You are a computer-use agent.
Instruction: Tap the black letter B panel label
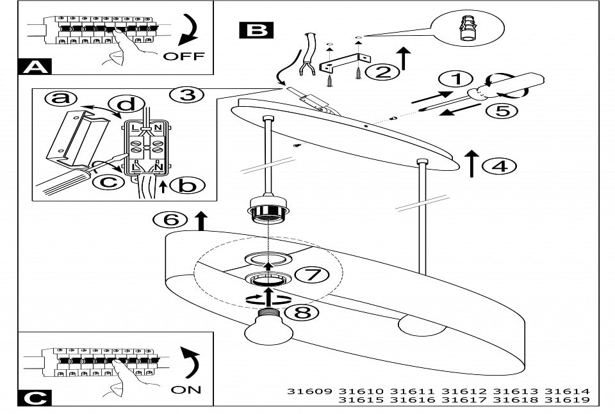[256, 29]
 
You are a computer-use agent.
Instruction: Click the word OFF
[184, 56]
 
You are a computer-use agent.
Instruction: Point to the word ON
[186, 389]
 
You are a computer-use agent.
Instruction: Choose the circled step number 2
[382, 72]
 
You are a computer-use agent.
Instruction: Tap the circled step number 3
[186, 95]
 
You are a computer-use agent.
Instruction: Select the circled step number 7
[311, 275]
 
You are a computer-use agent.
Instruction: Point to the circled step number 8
[301, 313]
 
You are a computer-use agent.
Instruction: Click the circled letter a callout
[60, 99]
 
